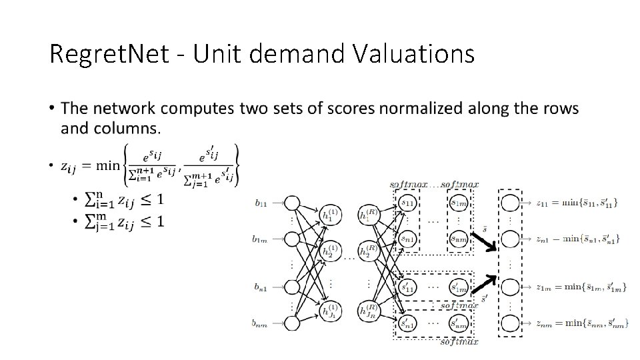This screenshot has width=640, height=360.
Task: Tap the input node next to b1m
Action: [x=292, y=238]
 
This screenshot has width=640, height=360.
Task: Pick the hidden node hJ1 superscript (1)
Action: [x=329, y=311]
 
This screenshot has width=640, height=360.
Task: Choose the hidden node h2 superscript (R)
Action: [x=367, y=252]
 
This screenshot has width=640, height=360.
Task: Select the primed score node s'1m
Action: [x=458, y=287]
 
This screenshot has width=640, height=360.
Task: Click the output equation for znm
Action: [x=578, y=323]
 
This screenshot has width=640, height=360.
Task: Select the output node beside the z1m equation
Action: [x=510, y=287]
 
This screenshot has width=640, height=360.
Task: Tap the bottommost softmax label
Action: [x=458, y=342]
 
